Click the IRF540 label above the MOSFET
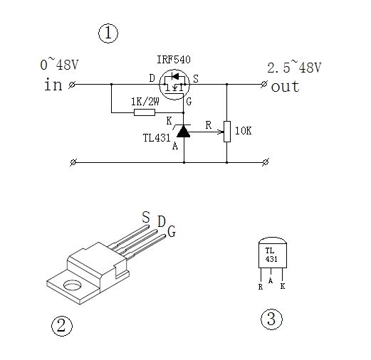pyautogui.click(x=174, y=59)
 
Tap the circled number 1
pyautogui.click(x=108, y=33)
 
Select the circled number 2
pyautogui.click(x=62, y=326)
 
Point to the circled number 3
pyautogui.click(x=271, y=319)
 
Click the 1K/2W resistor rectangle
pyautogui.click(x=145, y=112)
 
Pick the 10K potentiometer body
pyautogui.click(x=227, y=132)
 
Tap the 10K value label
pyautogui.click(x=243, y=131)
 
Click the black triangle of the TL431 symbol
pyautogui.click(x=184, y=132)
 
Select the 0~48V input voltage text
pyautogui.click(x=59, y=64)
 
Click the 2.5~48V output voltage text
pyautogui.click(x=294, y=67)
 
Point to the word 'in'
pyautogui.click(x=53, y=84)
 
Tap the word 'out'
pyautogui.click(x=285, y=86)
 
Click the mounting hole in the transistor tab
pyautogui.click(x=72, y=285)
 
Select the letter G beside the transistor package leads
pyautogui.click(x=172, y=231)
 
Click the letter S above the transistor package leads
pyautogui.click(x=146, y=217)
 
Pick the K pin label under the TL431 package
pyautogui.click(x=283, y=286)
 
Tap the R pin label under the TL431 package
pyautogui.click(x=261, y=287)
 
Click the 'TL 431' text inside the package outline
pyautogui.click(x=271, y=255)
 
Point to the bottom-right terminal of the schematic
pyautogui.click(x=266, y=162)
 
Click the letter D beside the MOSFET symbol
pyautogui.click(x=152, y=78)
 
